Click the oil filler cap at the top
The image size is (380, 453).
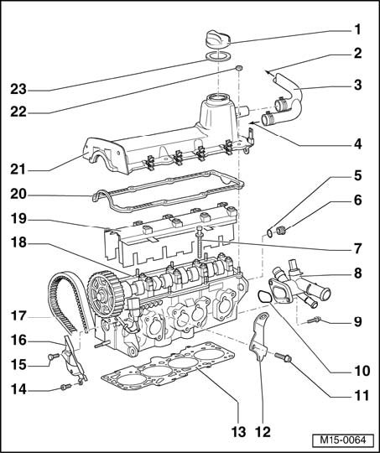(218, 39)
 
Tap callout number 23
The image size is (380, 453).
(18, 89)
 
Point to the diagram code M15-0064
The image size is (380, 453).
(343, 440)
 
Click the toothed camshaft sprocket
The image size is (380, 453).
(106, 294)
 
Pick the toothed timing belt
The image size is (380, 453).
(68, 302)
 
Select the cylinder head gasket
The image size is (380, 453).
(168, 364)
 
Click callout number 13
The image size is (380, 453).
(239, 432)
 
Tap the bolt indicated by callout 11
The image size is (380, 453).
(283, 357)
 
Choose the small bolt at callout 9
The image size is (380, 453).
(314, 320)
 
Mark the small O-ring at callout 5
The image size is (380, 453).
(269, 233)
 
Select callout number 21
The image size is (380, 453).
(18, 169)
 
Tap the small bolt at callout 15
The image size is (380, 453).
(54, 357)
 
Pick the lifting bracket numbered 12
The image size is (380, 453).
(259, 337)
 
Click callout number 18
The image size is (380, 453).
(18, 242)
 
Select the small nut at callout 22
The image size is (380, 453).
(239, 68)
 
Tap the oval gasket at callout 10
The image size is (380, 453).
(264, 297)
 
